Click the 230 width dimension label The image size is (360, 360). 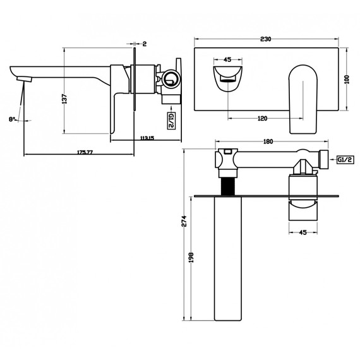tap(266, 39)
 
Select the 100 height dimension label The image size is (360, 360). tap(347, 80)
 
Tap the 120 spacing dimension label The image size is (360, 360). tap(263, 119)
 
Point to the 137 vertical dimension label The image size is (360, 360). tap(64, 99)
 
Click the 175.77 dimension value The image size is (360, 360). tap(85, 152)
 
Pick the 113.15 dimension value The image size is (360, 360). tap(147, 138)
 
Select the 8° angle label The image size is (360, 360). tap(12, 119)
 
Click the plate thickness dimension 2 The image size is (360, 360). tap(145, 44)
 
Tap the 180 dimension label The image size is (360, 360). tap(268, 141)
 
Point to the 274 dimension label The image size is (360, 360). tap(184, 221)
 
